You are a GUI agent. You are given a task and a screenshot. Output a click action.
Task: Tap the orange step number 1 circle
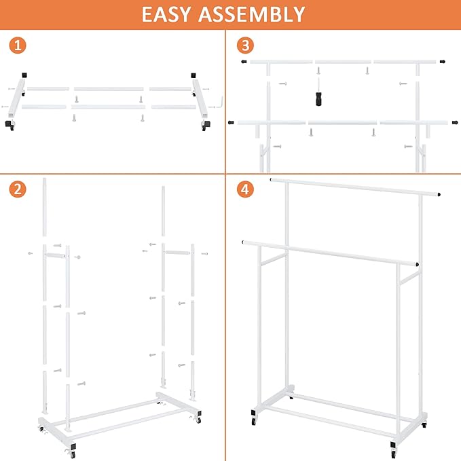coord(18,46)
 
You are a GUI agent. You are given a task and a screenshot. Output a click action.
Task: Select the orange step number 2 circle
coord(18,189)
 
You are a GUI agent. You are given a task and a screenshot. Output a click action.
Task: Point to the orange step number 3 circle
coord(245,46)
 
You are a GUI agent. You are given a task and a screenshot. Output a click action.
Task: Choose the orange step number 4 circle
coord(245,189)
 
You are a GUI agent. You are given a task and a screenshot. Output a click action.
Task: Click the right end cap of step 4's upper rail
coord(441,193)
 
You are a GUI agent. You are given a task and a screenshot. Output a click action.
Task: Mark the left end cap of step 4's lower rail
coord(243,240)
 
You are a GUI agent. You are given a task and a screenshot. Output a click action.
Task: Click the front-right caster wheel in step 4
coord(393,449)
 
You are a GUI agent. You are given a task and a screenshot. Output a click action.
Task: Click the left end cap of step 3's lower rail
coord(232,123)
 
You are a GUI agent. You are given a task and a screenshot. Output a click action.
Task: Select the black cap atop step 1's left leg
coord(24,75)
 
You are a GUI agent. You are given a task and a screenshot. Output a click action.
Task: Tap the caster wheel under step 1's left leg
coord(10,126)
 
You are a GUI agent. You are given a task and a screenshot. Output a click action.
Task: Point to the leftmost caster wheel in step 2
coord(40,430)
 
